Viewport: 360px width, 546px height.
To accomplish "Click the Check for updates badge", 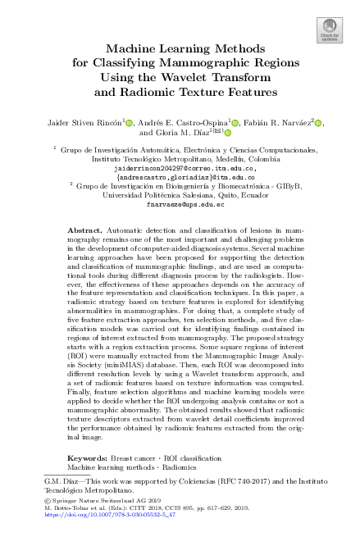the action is pos(329,30).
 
